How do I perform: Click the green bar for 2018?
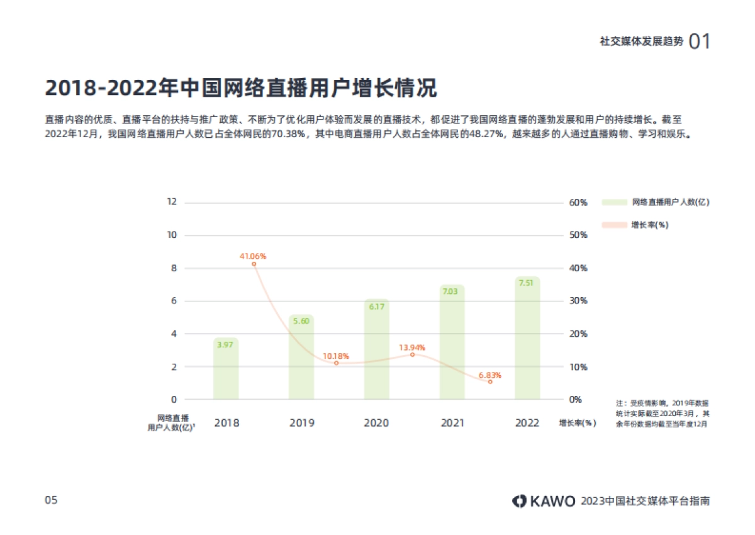(226, 369)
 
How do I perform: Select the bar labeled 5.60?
(301, 357)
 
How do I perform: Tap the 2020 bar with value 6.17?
(376, 349)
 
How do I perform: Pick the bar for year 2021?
(452, 342)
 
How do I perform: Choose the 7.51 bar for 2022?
(527, 338)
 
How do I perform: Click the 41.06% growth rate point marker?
(254, 264)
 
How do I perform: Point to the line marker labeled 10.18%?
(336, 363)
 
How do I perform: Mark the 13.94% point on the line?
(413, 354)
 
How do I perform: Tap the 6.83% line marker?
(490, 382)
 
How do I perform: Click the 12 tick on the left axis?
(172, 202)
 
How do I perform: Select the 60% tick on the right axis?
(578, 203)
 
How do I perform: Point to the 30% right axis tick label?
(578, 301)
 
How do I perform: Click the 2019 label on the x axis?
(302, 423)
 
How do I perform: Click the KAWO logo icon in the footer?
(519, 501)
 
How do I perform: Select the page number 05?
(51, 500)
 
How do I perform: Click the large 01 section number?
(700, 42)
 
